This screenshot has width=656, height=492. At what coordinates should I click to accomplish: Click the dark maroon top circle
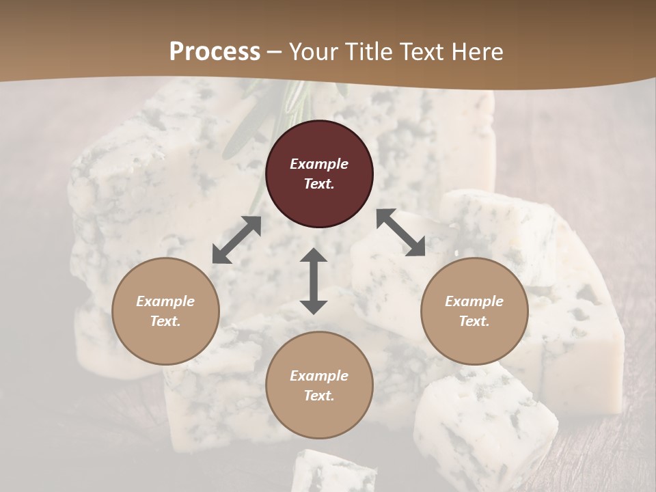(319, 174)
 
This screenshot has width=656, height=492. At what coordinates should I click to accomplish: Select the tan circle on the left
(165, 311)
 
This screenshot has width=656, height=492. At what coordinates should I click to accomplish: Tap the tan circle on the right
(474, 311)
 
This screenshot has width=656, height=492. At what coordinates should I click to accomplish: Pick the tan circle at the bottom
(319, 385)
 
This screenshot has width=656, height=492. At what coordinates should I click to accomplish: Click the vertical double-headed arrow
(314, 281)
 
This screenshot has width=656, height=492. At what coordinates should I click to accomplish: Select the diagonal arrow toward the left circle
(236, 240)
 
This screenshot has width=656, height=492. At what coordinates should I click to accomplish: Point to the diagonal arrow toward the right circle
(400, 232)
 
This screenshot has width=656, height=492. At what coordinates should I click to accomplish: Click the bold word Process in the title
(215, 51)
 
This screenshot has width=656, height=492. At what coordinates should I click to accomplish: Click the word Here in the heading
(477, 51)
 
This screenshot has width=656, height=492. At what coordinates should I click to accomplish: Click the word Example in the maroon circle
(319, 164)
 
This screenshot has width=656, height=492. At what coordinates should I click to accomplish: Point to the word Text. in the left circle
(165, 321)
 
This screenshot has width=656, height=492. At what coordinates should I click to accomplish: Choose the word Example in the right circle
(474, 301)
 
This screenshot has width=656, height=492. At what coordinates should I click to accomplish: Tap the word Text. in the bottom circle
(319, 396)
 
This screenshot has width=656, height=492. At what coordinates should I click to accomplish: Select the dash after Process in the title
(275, 52)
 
